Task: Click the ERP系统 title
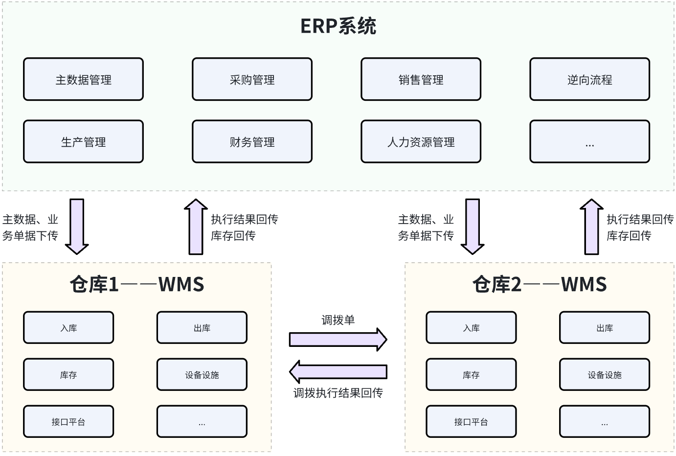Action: (338, 26)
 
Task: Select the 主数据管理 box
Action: (83, 80)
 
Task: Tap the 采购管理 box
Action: (252, 80)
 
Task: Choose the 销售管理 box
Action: (421, 80)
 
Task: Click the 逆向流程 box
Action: (589, 80)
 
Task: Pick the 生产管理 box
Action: (83, 142)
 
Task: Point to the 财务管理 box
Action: (252, 142)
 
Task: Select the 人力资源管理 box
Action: (421, 142)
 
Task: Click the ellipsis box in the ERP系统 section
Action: (589, 142)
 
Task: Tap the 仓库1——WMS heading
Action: (136, 284)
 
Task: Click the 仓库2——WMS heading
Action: (539, 284)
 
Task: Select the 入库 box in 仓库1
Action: (68, 328)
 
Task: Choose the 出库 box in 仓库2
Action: (605, 328)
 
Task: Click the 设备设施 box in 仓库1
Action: (202, 375)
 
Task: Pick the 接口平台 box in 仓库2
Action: (471, 422)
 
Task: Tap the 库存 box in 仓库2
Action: (471, 375)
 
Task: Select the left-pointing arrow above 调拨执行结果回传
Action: (338, 372)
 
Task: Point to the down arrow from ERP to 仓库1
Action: (77, 227)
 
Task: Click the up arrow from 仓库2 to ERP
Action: (591, 227)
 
